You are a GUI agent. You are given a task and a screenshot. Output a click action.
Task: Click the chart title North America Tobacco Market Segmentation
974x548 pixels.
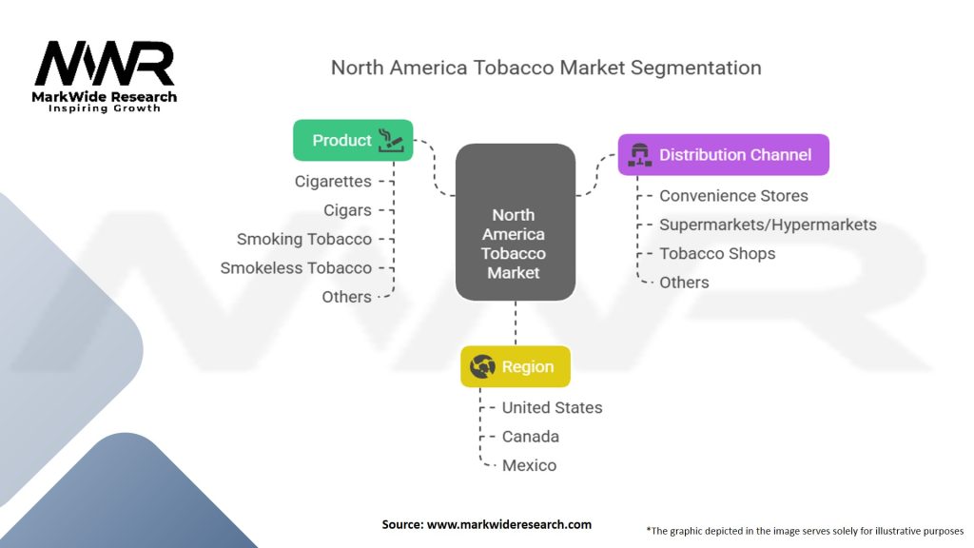546,68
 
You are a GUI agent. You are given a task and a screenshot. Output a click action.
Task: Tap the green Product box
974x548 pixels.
352,140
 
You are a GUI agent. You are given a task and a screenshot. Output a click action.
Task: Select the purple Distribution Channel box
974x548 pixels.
723,154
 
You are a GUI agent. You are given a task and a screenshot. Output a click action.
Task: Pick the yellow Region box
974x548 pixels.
515,366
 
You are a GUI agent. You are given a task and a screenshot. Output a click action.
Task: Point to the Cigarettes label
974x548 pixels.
333,181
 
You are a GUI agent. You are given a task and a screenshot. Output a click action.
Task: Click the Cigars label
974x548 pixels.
347,210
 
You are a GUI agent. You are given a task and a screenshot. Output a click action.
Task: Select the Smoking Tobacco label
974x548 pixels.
304,239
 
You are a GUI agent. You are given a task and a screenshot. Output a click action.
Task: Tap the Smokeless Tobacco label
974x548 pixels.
296,267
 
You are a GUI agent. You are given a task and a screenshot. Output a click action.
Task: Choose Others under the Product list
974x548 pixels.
346,297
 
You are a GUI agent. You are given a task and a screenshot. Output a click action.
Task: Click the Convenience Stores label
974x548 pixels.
733,196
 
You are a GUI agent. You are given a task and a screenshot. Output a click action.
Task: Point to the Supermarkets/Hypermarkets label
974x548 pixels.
768,225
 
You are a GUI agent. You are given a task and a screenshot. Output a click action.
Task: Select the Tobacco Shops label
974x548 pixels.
717,253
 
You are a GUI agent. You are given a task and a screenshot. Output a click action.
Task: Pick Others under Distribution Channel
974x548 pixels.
684,283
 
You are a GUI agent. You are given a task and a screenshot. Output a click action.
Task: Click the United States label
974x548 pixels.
552,407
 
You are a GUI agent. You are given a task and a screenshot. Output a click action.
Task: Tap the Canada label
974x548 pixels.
530,437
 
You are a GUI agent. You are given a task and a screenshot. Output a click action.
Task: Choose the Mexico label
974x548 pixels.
529,465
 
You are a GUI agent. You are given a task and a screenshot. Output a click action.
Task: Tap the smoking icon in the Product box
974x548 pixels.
391,140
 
